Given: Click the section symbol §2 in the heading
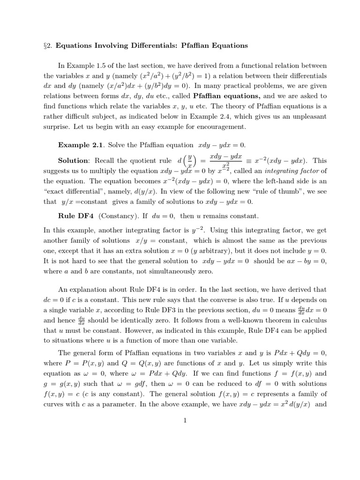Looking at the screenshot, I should (47, 45).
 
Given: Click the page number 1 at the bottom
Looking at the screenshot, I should (185, 420).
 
